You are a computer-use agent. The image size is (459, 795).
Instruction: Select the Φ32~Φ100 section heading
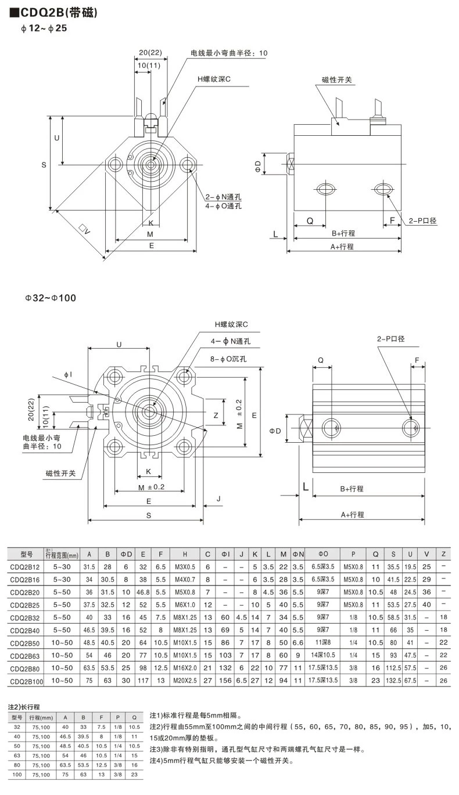pos(50,298)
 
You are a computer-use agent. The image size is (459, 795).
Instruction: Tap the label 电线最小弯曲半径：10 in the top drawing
pos(229,53)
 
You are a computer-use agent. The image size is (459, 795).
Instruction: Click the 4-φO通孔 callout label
pos(223,206)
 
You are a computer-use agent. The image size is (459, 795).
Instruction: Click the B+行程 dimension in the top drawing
pos(343,233)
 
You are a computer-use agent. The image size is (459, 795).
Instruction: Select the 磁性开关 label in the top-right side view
pos(336,79)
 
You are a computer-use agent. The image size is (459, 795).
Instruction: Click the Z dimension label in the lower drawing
pos(216,415)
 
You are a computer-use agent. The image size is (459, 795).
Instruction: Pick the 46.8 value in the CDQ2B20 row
pos(143,592)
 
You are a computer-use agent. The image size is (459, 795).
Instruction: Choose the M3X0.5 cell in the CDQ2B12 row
pos(185,566)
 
